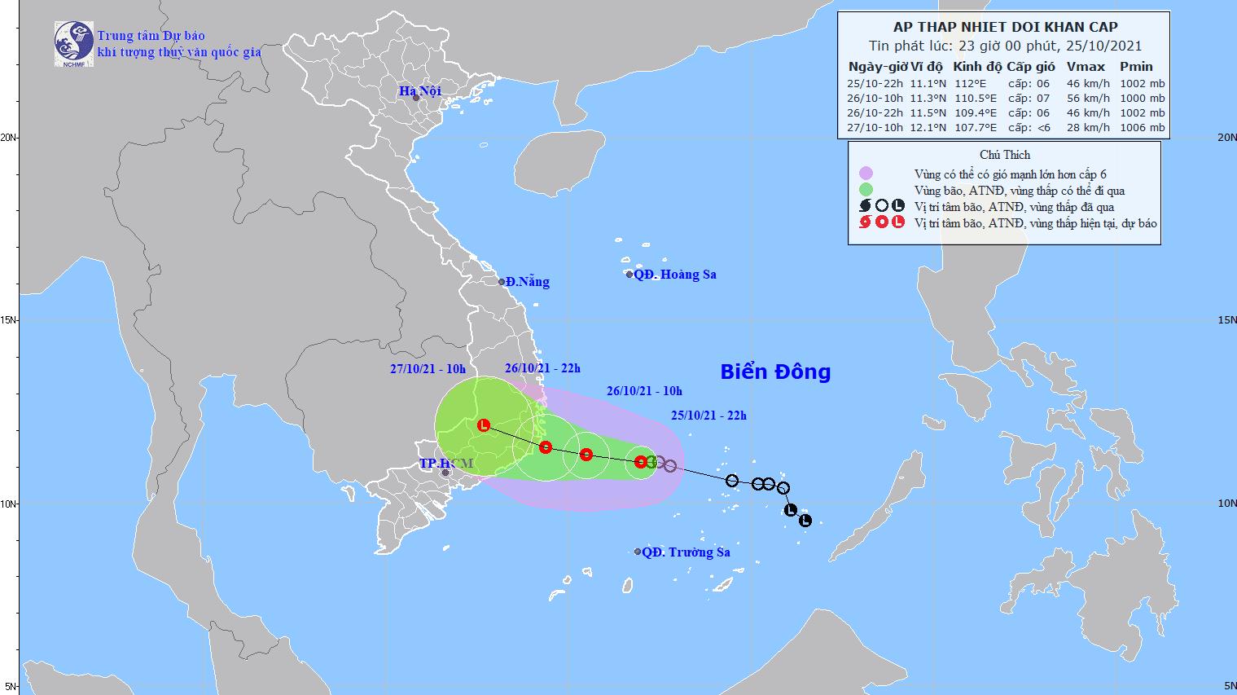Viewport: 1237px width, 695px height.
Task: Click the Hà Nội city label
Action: (419, 90)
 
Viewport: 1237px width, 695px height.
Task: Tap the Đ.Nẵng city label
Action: (527, 282)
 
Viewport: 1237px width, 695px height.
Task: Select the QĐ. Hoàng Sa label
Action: (674, 275)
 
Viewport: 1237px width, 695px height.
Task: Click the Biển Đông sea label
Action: (775, 372)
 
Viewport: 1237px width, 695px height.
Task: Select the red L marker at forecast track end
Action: (484, 425)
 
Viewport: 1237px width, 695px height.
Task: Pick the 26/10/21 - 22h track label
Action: (542, 368)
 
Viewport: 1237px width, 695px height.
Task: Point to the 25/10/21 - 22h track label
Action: (708, 416)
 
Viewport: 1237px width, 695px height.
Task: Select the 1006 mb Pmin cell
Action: (1142, 127)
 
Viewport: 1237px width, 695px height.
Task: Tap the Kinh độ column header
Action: (976, 67)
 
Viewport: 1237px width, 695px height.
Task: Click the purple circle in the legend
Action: (866, 173)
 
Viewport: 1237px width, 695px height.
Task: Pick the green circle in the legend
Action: (866, 190)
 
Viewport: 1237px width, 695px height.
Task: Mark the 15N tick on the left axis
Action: (10, 320)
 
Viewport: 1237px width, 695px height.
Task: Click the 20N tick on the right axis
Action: (1225, 138)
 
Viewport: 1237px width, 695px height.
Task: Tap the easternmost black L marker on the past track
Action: (805, 521)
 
